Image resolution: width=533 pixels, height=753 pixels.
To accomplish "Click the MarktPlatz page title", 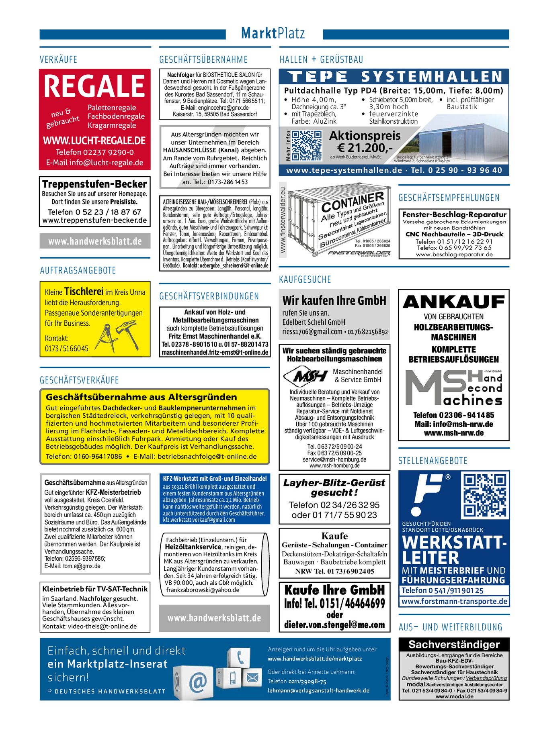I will pyautogui.click(x=273, y=33).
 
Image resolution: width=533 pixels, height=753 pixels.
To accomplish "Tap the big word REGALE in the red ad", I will pyautogui.click(x=94, y=86).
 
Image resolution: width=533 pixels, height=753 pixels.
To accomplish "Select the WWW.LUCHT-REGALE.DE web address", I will pyautogui.click(x=94, y=141).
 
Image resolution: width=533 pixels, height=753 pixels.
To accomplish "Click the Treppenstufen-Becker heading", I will pyautogui.click(x=94, y=184).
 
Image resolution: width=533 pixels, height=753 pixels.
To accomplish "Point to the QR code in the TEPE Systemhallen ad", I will pyautogui.click(x=307, y=145).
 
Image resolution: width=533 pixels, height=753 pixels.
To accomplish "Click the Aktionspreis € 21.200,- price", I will pyautogui.click(x=365, y=142).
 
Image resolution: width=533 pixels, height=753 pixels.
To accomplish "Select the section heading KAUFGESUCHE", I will pyautogui.click(x=305, y=280).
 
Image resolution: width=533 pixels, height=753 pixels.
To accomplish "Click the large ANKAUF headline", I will pyautogui.click(x=453, y=302).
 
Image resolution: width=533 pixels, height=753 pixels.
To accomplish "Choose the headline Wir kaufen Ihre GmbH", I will pyautogui.click(x=334, y=300).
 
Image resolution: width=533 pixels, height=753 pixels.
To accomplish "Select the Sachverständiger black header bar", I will pyautogui.click(x=454, y=645).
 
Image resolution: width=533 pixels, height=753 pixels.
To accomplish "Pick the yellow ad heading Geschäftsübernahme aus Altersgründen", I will pyautogui.click(x=141, y=397).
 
